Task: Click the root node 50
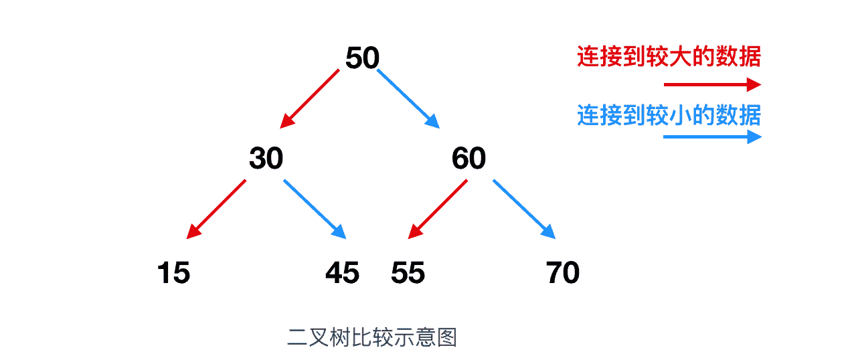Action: [x=362, y=58]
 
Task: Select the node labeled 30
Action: [x=266, y=158]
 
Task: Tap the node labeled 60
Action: [x=469, y=158]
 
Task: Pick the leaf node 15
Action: [x=173, y=272]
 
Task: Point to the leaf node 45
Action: [x=342, y=272]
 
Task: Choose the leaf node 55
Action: [x=408, y=272]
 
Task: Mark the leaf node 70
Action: [x=563, y=272]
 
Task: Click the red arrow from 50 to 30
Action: [x=310, y=98]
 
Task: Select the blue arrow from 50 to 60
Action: [x=408, y=98]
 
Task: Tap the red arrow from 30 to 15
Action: [x=216, y=209]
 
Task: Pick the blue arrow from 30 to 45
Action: [x=315, y=209]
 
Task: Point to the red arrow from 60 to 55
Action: [x=438, y=209]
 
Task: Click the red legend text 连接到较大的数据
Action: [x=669, y=56]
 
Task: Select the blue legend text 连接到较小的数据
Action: [x=669, y=115]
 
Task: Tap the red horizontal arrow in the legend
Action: [x=712, y=84]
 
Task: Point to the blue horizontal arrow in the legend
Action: [x=712, y=137]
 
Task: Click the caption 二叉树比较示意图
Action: [x=372, y=337]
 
